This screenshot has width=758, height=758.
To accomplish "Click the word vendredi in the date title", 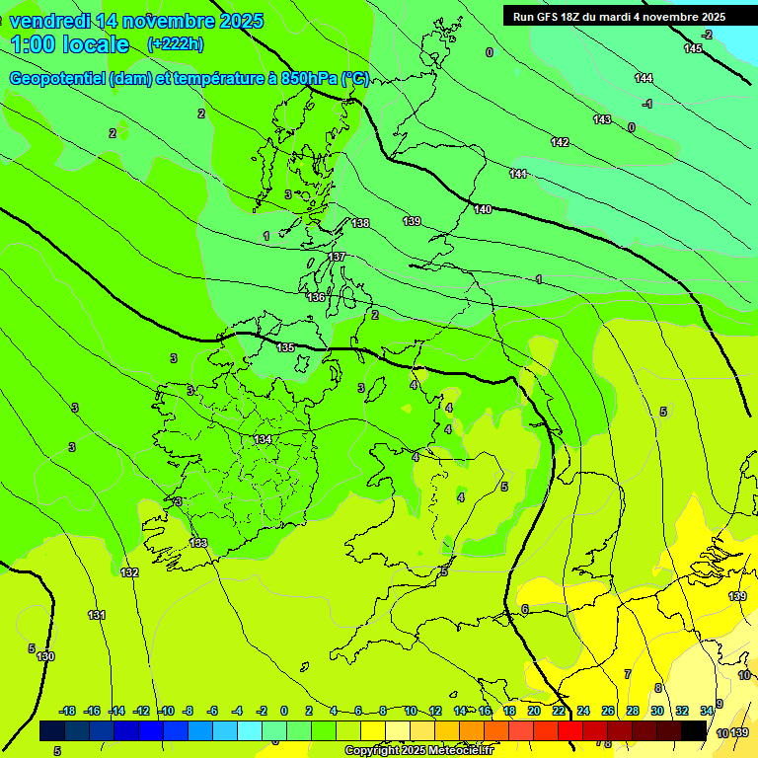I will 49,21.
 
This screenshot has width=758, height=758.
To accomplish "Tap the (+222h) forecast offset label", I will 176,43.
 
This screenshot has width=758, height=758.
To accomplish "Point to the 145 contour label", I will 693,48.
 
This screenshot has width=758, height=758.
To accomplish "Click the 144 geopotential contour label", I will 644,78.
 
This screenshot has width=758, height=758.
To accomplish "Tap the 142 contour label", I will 560,142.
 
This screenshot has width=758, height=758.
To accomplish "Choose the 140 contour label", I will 483,209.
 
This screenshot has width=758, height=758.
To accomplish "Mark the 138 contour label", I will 360,223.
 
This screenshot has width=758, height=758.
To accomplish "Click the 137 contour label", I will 338,257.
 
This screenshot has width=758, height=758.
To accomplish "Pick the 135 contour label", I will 285,347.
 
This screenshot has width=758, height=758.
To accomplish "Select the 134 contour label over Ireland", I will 263,439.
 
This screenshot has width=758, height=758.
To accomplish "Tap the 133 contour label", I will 198,543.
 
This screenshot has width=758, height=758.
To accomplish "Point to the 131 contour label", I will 97,615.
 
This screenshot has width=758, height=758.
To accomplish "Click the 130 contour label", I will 45,656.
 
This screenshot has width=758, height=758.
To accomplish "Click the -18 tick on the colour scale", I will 68,711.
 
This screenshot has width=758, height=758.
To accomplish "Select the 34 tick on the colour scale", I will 707,711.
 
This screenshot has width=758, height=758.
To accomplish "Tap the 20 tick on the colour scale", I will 533,711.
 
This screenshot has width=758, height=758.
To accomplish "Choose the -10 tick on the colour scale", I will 167,711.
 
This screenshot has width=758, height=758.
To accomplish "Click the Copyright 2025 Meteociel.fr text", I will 418,750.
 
